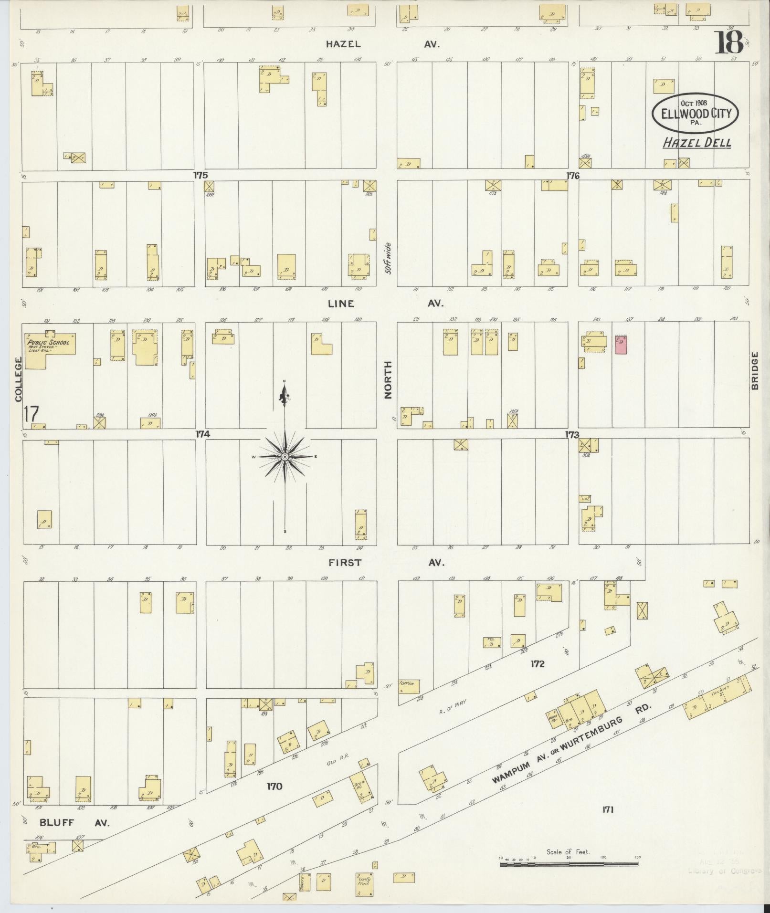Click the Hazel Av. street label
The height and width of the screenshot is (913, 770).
click(x=382, y=44)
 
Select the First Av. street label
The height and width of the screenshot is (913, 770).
click(x=386, y=563)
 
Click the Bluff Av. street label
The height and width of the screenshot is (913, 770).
click(x=74, y=823)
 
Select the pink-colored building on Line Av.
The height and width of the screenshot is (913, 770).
click(x=621, y=344)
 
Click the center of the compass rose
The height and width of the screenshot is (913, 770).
click(x=285, y=457)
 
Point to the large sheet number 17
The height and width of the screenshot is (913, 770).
click(x=32, y=414)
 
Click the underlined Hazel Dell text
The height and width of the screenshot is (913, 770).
click(x=697, y=143)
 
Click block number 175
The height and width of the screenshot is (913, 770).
click(x=200, y=175)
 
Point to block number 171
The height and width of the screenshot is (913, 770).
click(x=607, y=809)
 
